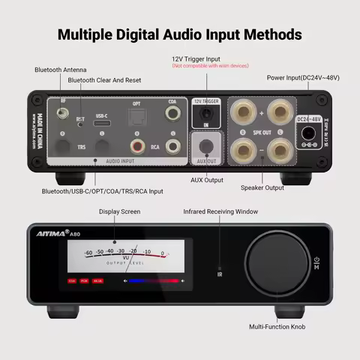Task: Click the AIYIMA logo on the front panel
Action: coord(52,234)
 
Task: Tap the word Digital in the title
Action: coord(154,34)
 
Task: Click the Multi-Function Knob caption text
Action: coord(277,327)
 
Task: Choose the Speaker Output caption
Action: coord(262,187)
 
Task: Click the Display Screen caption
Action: coord(119,212)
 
